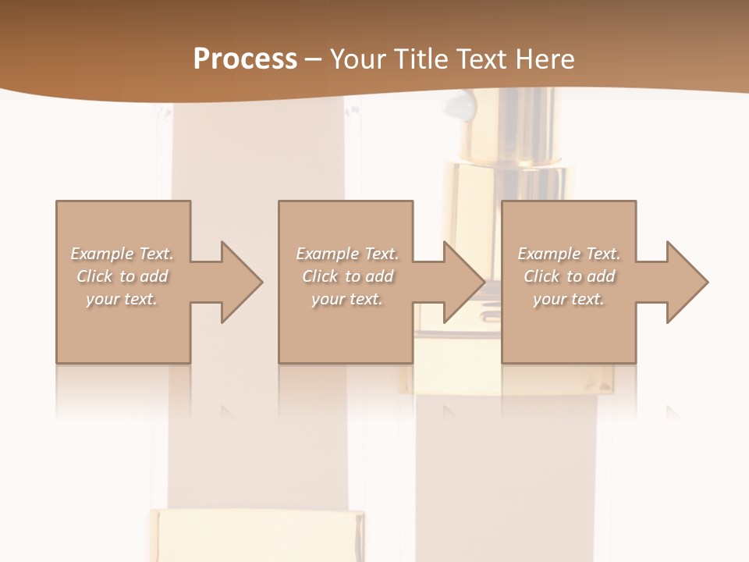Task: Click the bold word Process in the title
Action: [245, 59]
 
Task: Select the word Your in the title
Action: [357, 59]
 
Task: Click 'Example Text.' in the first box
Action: [122, 254]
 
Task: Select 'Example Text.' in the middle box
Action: [347, 254]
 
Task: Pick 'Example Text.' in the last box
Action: [569, 254]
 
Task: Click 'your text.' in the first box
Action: [122, 299]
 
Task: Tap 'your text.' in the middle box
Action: [347, 299]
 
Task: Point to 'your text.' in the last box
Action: [569, 299]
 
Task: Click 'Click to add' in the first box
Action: [122, 276]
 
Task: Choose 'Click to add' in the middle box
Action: [347, 276]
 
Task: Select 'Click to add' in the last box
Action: [569, 276]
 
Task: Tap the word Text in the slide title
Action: [481, 59]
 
